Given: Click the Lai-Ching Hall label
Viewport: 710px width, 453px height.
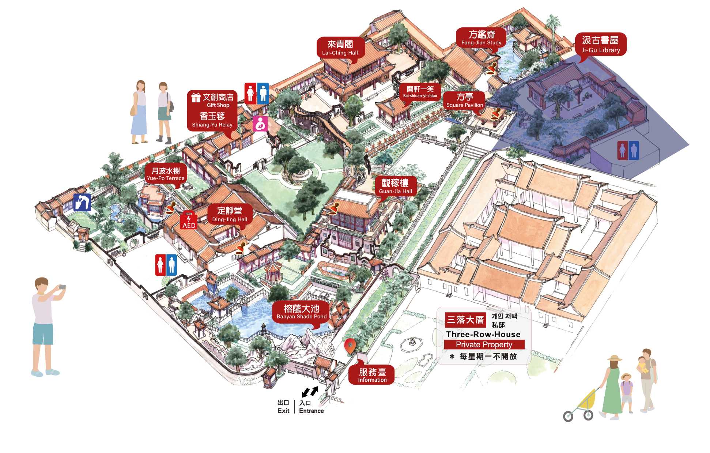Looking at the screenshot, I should coord(340,48).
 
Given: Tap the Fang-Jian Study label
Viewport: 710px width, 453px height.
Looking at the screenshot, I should coord(481,38).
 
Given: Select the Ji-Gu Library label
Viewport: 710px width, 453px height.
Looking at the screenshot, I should coord(601,44).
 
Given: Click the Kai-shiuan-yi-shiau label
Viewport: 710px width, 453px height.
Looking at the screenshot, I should coord(420,92).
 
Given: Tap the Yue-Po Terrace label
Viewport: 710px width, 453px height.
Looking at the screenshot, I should coord(166,174).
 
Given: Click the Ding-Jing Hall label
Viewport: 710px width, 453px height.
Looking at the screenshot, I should coord(230,214).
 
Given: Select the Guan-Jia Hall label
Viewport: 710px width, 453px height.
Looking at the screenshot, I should coord(395,186).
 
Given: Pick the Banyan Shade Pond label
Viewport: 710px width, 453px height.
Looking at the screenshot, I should coord(301,312).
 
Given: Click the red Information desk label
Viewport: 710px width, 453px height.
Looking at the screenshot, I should coord(372,375).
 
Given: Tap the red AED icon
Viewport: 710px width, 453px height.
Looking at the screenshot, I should coord(189,221).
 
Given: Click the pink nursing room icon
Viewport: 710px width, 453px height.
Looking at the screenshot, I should coord(260,124).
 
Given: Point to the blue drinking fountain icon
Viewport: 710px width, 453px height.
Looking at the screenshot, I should coord(82,202).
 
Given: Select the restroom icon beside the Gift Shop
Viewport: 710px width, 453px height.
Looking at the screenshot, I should coord(257,94).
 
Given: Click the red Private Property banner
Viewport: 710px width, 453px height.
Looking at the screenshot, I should coord(484,344).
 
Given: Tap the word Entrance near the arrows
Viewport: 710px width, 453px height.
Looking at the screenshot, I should coord(311,411).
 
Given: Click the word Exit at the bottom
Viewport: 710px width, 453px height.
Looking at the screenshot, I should coord(283,411).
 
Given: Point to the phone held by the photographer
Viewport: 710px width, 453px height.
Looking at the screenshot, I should coord(63,287).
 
